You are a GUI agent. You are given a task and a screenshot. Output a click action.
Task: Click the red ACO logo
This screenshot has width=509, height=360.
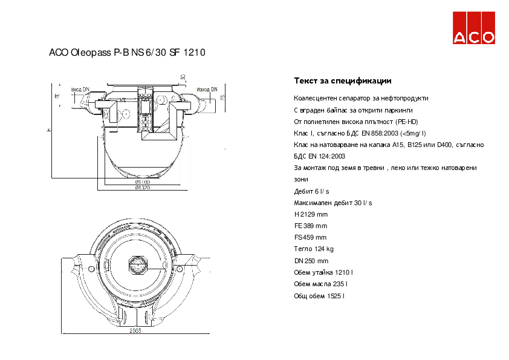475,28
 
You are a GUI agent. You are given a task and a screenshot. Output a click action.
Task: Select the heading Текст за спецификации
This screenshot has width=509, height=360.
343,80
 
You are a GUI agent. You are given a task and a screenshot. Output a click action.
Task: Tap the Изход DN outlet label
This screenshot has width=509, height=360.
207,89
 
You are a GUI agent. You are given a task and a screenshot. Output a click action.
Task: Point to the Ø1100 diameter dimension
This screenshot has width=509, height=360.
142,182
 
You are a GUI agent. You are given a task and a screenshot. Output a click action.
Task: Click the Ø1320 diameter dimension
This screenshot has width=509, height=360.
142,188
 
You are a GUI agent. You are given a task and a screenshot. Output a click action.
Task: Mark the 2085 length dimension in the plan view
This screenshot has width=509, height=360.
135,331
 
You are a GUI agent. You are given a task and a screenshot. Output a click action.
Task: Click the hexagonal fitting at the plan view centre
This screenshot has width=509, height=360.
137,264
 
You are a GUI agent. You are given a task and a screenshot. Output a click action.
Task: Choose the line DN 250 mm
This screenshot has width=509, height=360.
311,261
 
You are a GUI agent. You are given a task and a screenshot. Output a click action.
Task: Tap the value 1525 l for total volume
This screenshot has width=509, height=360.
336,296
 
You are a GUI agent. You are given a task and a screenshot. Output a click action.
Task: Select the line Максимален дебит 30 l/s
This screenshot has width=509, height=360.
332,203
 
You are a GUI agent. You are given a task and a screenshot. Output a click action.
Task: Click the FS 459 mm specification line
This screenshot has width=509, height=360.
310,237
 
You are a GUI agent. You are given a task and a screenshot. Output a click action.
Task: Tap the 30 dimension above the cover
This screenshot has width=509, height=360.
183,77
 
